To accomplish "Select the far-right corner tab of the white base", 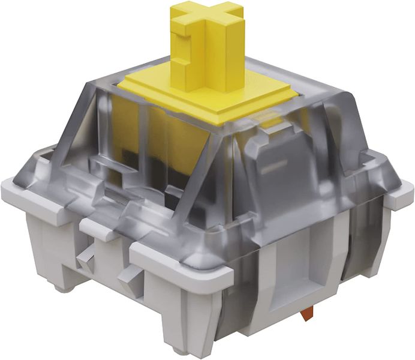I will pyautogui.click(x=399, y=195).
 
